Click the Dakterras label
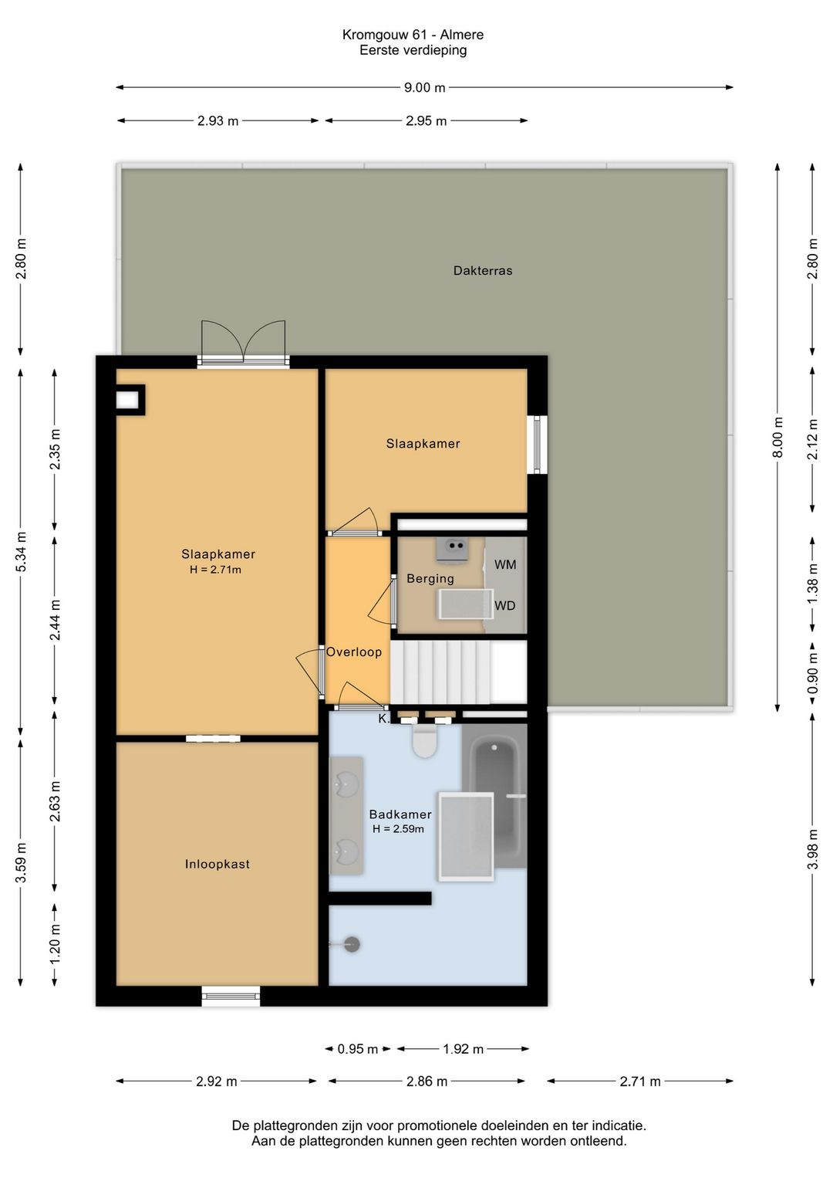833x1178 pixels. click(483, 270)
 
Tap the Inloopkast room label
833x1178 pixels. click(217, 864)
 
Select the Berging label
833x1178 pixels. click(430, 579)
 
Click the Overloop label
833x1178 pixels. click(354, 652)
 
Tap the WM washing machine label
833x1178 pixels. click(505, 565)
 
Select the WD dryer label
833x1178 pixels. click(504, 606)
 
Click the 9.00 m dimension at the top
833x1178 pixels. click(424, 87)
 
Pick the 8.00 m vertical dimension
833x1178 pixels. click(777, 437)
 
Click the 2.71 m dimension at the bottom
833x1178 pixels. click(639, 1082)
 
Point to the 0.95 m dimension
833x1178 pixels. click(357, 1049)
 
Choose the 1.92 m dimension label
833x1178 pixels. click(463, 1049)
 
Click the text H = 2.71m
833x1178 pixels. click(215, 570)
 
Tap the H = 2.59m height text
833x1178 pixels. click(398, 829)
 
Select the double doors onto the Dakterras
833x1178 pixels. click(243, 342)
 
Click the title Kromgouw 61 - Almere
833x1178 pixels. click(413, 35)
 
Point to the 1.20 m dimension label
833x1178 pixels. click(55, 944)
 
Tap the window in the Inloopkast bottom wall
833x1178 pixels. click(231, 996)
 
